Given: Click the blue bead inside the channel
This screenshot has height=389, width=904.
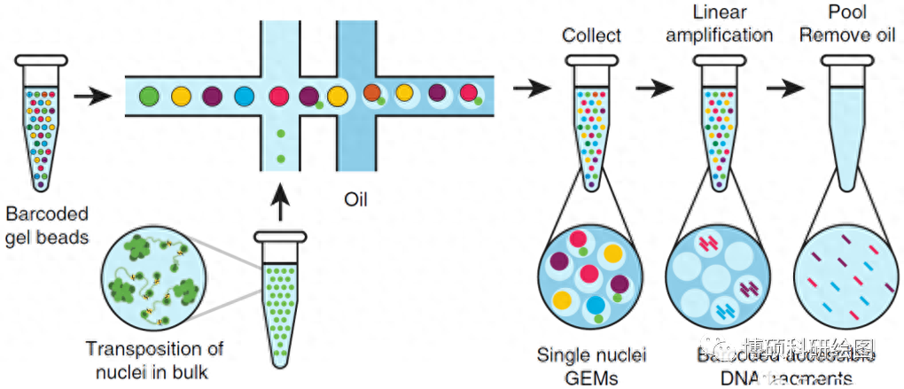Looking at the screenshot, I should [244, 96].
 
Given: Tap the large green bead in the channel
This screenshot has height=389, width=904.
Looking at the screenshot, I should [150, 95].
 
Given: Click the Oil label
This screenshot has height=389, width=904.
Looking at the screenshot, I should [355, 198].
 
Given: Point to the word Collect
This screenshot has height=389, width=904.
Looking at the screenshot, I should [591, 36].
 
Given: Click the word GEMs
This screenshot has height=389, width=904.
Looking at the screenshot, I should [592, 378].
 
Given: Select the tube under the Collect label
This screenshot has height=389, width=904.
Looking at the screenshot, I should [592, 120].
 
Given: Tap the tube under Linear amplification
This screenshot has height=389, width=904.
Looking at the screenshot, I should [717, 120].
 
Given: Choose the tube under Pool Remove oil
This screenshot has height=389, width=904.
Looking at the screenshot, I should [846, 120].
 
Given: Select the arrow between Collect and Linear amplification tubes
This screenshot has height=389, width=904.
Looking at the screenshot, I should [655, 88].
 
